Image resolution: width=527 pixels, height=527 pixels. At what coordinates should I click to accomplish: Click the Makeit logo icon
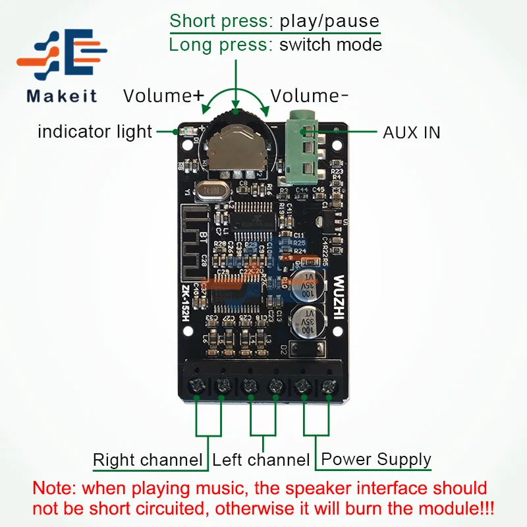(x=63, y=58)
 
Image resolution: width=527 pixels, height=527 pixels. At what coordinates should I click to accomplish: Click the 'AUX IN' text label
(x=412, y=132)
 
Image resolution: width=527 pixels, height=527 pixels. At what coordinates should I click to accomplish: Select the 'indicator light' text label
(x=95, y=131)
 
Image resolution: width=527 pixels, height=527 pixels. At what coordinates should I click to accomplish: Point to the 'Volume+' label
(x=163, y=96)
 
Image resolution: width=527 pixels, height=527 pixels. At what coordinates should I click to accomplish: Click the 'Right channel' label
(x=148, y=460)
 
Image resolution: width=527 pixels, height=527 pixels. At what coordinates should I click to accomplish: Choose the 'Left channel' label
(x=261, y=460)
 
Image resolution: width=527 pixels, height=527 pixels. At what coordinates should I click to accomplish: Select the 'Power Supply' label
(x=375, y=459)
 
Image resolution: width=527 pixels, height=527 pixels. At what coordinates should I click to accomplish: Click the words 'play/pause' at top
(x=329, y=21)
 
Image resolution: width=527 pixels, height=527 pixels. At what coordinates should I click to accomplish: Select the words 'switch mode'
(x=331, y=45)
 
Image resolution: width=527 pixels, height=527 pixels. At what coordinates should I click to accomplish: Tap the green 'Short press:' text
(x=221, y=21)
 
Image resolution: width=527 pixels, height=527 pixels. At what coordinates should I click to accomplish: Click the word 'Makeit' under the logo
(x=62, y=96)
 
